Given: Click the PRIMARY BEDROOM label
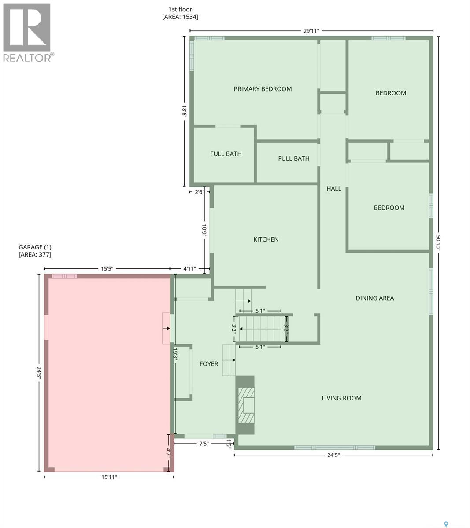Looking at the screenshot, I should pos(263,89).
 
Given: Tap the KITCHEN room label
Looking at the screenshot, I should pos(266,239).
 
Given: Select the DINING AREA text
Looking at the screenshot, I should pos(374,298).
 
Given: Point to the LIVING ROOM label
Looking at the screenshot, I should pos(341,398).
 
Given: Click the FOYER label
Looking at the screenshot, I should pos(208,363).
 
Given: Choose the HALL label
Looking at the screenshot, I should pos(333,188).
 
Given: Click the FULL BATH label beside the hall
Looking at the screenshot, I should pos(293,158).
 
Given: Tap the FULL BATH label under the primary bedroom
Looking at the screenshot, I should pos(226,154).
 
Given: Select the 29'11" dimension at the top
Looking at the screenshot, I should pos(311,31).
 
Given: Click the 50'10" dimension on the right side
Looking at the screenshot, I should pos(438,242).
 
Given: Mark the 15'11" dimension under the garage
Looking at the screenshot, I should pos(109,477).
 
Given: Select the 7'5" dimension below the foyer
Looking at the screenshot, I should pos(204,444).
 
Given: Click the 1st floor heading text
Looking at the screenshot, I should pos(180,9).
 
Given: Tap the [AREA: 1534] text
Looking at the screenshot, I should pos(180,17).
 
